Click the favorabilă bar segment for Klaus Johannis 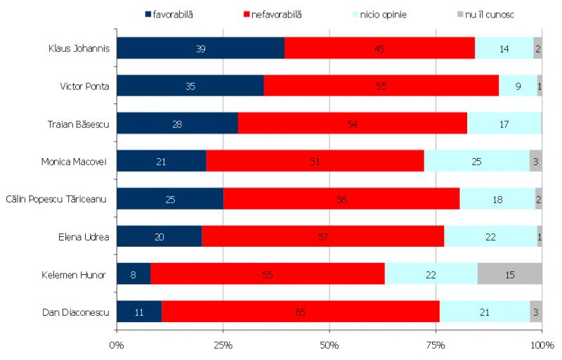pos(200,48)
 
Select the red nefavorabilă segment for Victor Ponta pos(381,86)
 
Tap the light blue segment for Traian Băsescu pos(504,123)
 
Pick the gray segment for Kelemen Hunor pos(509,274)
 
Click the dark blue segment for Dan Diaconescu pos(139,311)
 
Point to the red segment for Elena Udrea pos(323,236)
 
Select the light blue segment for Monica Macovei pos(476,161)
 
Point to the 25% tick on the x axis pos(223,345)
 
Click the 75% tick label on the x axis pos(436,345)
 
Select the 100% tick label pos(541,345)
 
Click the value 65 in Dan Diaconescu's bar pos(300,312)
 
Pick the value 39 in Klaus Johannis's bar pos(200,49)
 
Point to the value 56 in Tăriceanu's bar pos(341,199)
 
